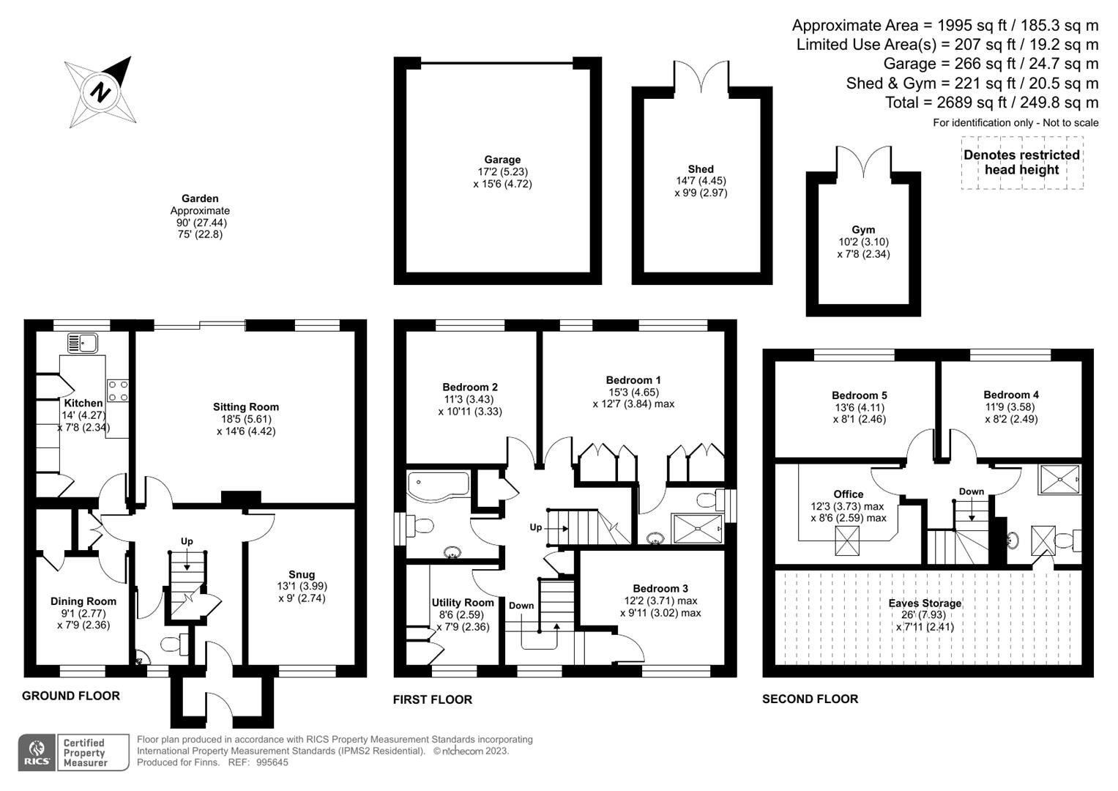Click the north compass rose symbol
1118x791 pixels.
point(101,92)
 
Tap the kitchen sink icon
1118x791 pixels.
point(83,343)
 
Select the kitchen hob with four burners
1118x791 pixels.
point(118,390)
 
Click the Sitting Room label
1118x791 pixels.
point(246,407)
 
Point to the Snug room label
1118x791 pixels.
point(302,575)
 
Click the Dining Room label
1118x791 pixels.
point(83,601)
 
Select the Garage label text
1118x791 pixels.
point(502,160)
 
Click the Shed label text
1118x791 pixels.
point(701,169)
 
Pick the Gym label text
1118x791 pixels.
point(863,230)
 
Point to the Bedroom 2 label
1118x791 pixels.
point(470,387)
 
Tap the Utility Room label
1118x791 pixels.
point(463,603)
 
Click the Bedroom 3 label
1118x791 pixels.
point(660,589)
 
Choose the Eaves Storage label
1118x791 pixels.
point(925,604)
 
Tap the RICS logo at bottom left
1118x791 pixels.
point(36,753)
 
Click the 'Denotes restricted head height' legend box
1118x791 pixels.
point(1021,163)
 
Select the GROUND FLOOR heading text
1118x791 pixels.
point(71,696)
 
